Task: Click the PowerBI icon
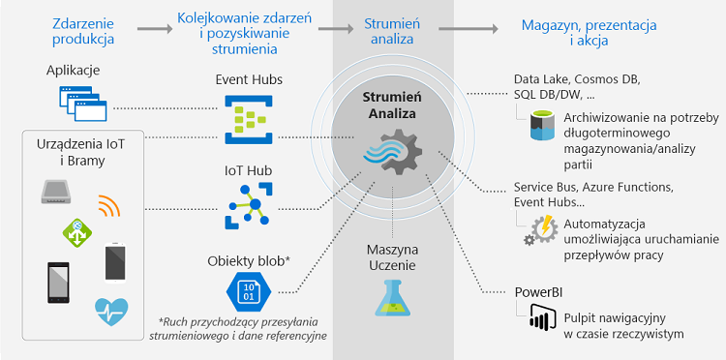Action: (539, 318)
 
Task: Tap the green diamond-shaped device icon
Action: (76, 230)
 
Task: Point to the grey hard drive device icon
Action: (56, 191)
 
